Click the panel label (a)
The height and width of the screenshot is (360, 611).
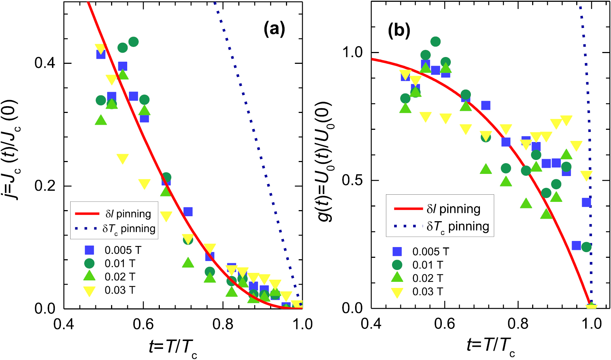point(274,29)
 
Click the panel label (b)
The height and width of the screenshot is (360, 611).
point(398,31)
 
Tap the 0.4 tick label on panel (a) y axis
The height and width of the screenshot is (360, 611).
point(45,63)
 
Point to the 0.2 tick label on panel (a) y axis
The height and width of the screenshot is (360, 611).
point(45,186)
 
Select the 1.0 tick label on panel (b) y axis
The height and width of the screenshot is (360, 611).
point(353,52)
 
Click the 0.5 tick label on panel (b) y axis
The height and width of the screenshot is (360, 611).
point(353,180)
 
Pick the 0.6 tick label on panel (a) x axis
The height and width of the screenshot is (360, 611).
point(143,324)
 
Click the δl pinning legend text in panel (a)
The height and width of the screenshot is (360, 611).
point(128,214)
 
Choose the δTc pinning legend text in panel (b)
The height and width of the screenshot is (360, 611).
point(458,227)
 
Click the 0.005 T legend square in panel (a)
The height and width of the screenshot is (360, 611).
point(89,250)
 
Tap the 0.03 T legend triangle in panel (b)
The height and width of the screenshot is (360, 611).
point(397,293)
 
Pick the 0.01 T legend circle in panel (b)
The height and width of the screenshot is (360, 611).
point(397,265)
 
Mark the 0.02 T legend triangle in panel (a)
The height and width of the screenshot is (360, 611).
point(89,276)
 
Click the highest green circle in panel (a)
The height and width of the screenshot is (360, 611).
point(133,42)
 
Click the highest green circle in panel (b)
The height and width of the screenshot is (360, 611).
point(435,42)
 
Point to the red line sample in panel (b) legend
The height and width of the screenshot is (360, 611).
point(408,209)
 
